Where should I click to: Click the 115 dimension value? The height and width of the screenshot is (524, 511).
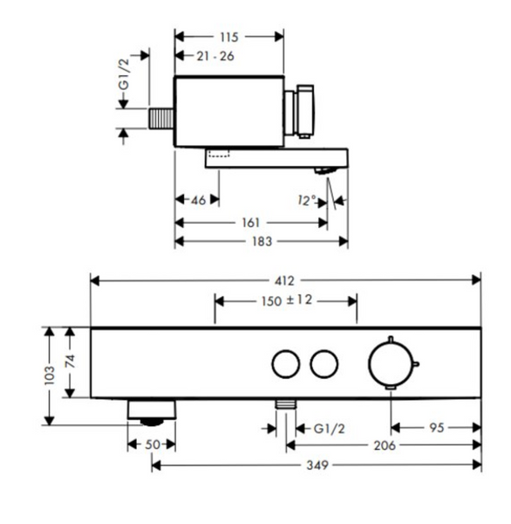click(229, 37)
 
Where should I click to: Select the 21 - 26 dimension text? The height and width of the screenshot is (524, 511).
click(215, 56)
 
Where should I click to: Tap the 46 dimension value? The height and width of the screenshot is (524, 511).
click(198, 201)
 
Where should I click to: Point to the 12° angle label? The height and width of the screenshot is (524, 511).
click(307, 201)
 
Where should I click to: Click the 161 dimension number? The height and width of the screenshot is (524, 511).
click(250, 223)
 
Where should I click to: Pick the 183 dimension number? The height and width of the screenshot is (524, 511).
click(262, 241)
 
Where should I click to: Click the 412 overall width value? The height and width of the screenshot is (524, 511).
click(284, 281)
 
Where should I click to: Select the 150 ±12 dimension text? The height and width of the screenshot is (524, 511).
click(287, 300)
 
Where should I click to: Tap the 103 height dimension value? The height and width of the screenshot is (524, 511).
click(50, 376)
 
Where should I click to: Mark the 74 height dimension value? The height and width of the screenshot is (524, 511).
click(70, 362)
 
